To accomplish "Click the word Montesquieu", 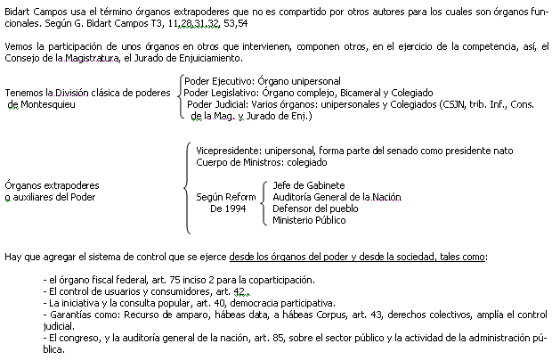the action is point(48,105).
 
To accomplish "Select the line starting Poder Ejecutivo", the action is point(263,81).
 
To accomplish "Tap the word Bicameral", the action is point(361,93).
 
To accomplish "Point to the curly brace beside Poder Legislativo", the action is point(180,95).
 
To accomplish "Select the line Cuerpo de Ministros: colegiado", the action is point(262,163).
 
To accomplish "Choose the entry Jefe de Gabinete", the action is point(309,185).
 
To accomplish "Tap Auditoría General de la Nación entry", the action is point(337,197).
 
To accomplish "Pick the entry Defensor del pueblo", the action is point(315,209).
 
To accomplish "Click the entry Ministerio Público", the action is point(309,220).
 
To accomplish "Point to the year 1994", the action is point(235,209).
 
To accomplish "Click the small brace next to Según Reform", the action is point(264,203).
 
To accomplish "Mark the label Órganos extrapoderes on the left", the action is point(53,185).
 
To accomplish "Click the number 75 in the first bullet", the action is point(175,281).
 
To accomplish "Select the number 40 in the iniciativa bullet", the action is point(220,304).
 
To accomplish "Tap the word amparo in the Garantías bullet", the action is point(191,315).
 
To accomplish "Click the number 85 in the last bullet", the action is point(278,339).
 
